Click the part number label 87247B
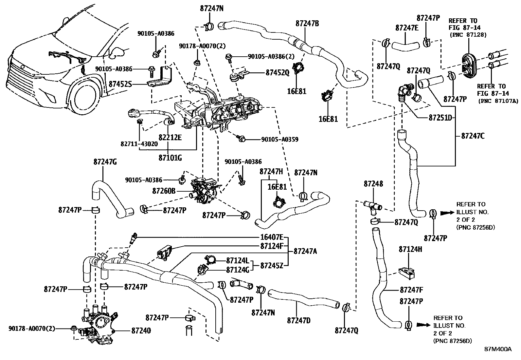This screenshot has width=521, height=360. [x=307, y=23]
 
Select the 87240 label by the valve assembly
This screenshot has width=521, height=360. [x=141, y=331]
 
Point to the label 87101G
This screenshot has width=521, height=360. [x=170, y=158]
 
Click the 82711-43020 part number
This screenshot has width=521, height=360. [x=139, y=144]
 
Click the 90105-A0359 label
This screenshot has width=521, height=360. [x=279, y=140]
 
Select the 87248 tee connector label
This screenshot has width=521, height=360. [x=373, y=184]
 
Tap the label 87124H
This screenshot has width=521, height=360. [x=410, y=249]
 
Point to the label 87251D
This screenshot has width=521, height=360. [x=440, y=117]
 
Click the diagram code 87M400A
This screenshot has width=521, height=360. [x=498, y=349]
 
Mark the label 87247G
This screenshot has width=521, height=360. [x=105, y=161]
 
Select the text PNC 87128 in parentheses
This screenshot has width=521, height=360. [x=468, y=34]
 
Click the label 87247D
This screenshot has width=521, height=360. [x=298, y=320]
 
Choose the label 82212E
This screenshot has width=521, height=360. [x=170, y=138]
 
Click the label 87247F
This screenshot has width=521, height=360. [x=412, y=290]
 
